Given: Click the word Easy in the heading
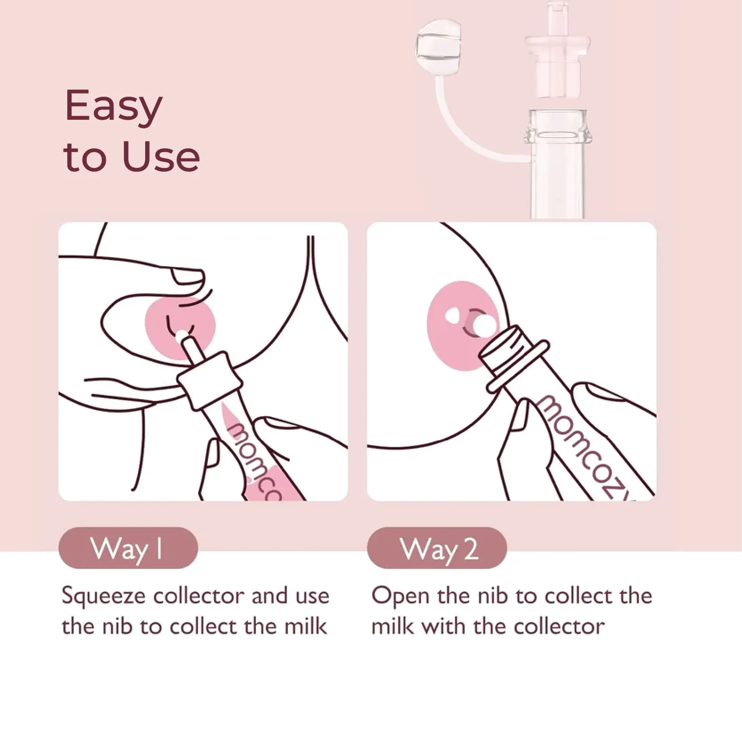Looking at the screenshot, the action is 114,107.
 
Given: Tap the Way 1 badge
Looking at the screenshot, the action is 128,548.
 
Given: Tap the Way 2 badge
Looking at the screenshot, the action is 437,548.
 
